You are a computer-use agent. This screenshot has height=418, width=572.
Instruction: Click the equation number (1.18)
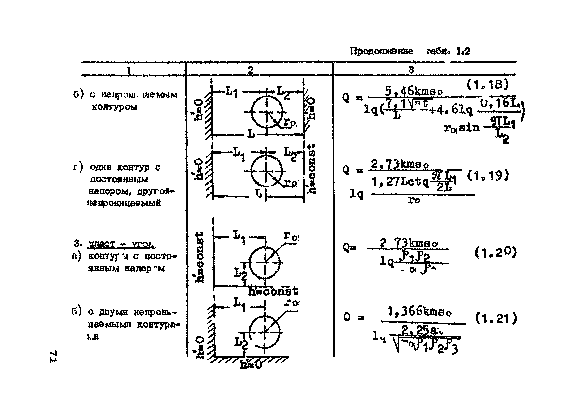tap(487, 84)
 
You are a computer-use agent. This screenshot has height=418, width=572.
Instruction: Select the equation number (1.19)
tap(487, 175)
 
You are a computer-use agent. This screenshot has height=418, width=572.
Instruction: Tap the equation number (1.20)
tap(495, 252)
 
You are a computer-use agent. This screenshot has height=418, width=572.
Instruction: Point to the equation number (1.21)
tap(495, 318)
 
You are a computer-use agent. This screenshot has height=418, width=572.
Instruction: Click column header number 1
tap(129, 70)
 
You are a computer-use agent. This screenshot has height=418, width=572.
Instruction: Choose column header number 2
tap(250, 70)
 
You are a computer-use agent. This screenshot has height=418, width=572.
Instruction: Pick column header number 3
tap(411, 70)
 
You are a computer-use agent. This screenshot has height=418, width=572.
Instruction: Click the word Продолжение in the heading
tap(381, 51)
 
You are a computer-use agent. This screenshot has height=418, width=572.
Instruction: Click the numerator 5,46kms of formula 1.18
tap(414, 91)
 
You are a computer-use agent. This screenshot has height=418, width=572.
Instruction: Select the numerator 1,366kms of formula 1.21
tap(420, 312)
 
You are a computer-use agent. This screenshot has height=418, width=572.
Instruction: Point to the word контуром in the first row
tap(115, 107)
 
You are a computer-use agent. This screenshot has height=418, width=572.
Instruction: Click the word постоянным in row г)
tap(119, 179)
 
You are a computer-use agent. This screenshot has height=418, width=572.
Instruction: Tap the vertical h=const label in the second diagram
tap(312, 169)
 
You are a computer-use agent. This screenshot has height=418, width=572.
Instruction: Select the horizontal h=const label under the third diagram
tap(273, 291)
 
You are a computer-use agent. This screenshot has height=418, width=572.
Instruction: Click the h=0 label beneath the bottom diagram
tap(251, 365)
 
